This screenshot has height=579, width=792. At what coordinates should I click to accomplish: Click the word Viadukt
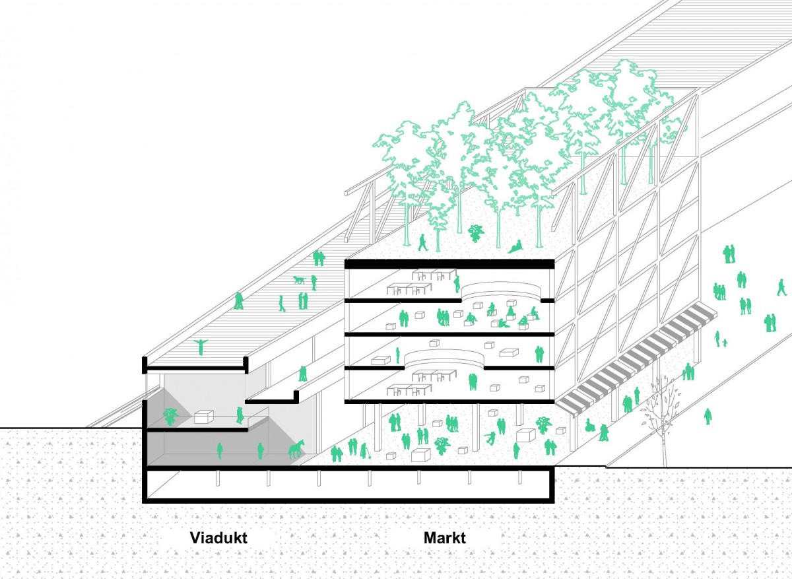(x=218, y=537)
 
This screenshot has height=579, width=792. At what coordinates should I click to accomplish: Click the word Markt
(x=444, y=537)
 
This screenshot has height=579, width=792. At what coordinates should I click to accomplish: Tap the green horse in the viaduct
(x=296, y=449)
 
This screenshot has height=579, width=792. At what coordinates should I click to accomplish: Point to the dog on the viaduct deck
(x=299, y=280)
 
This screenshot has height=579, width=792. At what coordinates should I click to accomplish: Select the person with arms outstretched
(x=201, y=347)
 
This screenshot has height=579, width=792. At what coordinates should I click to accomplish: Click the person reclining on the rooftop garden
(x=516, y=246)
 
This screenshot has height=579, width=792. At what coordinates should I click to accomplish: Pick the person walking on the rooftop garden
(x=422, y=243)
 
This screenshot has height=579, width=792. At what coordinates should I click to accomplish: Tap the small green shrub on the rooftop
(x=476, y=233)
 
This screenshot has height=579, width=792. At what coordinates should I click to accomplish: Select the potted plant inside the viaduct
(x=170, y=417)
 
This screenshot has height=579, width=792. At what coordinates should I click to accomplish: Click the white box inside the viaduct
(x=204, y=417)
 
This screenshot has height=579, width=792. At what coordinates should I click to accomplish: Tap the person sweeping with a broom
(x=365, y=451)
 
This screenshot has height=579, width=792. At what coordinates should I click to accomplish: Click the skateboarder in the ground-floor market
(x=490, y=438)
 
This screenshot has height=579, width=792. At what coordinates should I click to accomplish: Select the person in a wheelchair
(x=589, y=425)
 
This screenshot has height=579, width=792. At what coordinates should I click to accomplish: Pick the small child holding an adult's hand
(x=725, y=343)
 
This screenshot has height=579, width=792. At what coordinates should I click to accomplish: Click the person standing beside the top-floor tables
(x=457, y=284)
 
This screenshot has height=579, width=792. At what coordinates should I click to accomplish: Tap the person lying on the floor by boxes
(x=504, y=323)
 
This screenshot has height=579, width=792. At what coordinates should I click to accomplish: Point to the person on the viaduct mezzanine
(x=240, y=415)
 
